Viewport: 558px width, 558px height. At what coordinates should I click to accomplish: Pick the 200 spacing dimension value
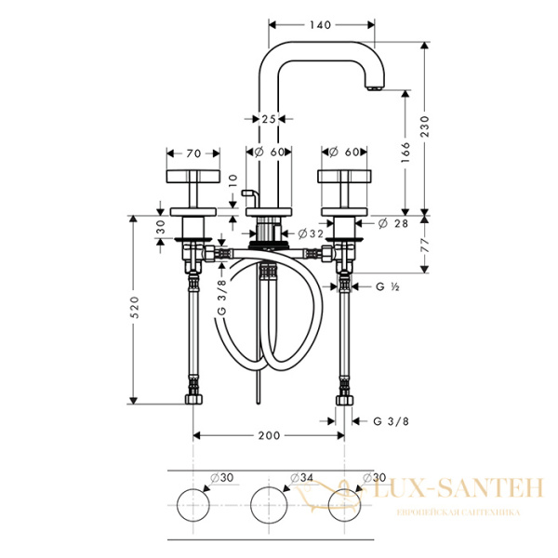coord(269,433)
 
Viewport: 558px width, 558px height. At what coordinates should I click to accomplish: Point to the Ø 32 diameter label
coord(311,233)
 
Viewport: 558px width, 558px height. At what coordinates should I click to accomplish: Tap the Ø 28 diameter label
coord(396,223)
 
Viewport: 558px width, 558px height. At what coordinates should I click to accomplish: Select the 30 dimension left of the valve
coord(160,226)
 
